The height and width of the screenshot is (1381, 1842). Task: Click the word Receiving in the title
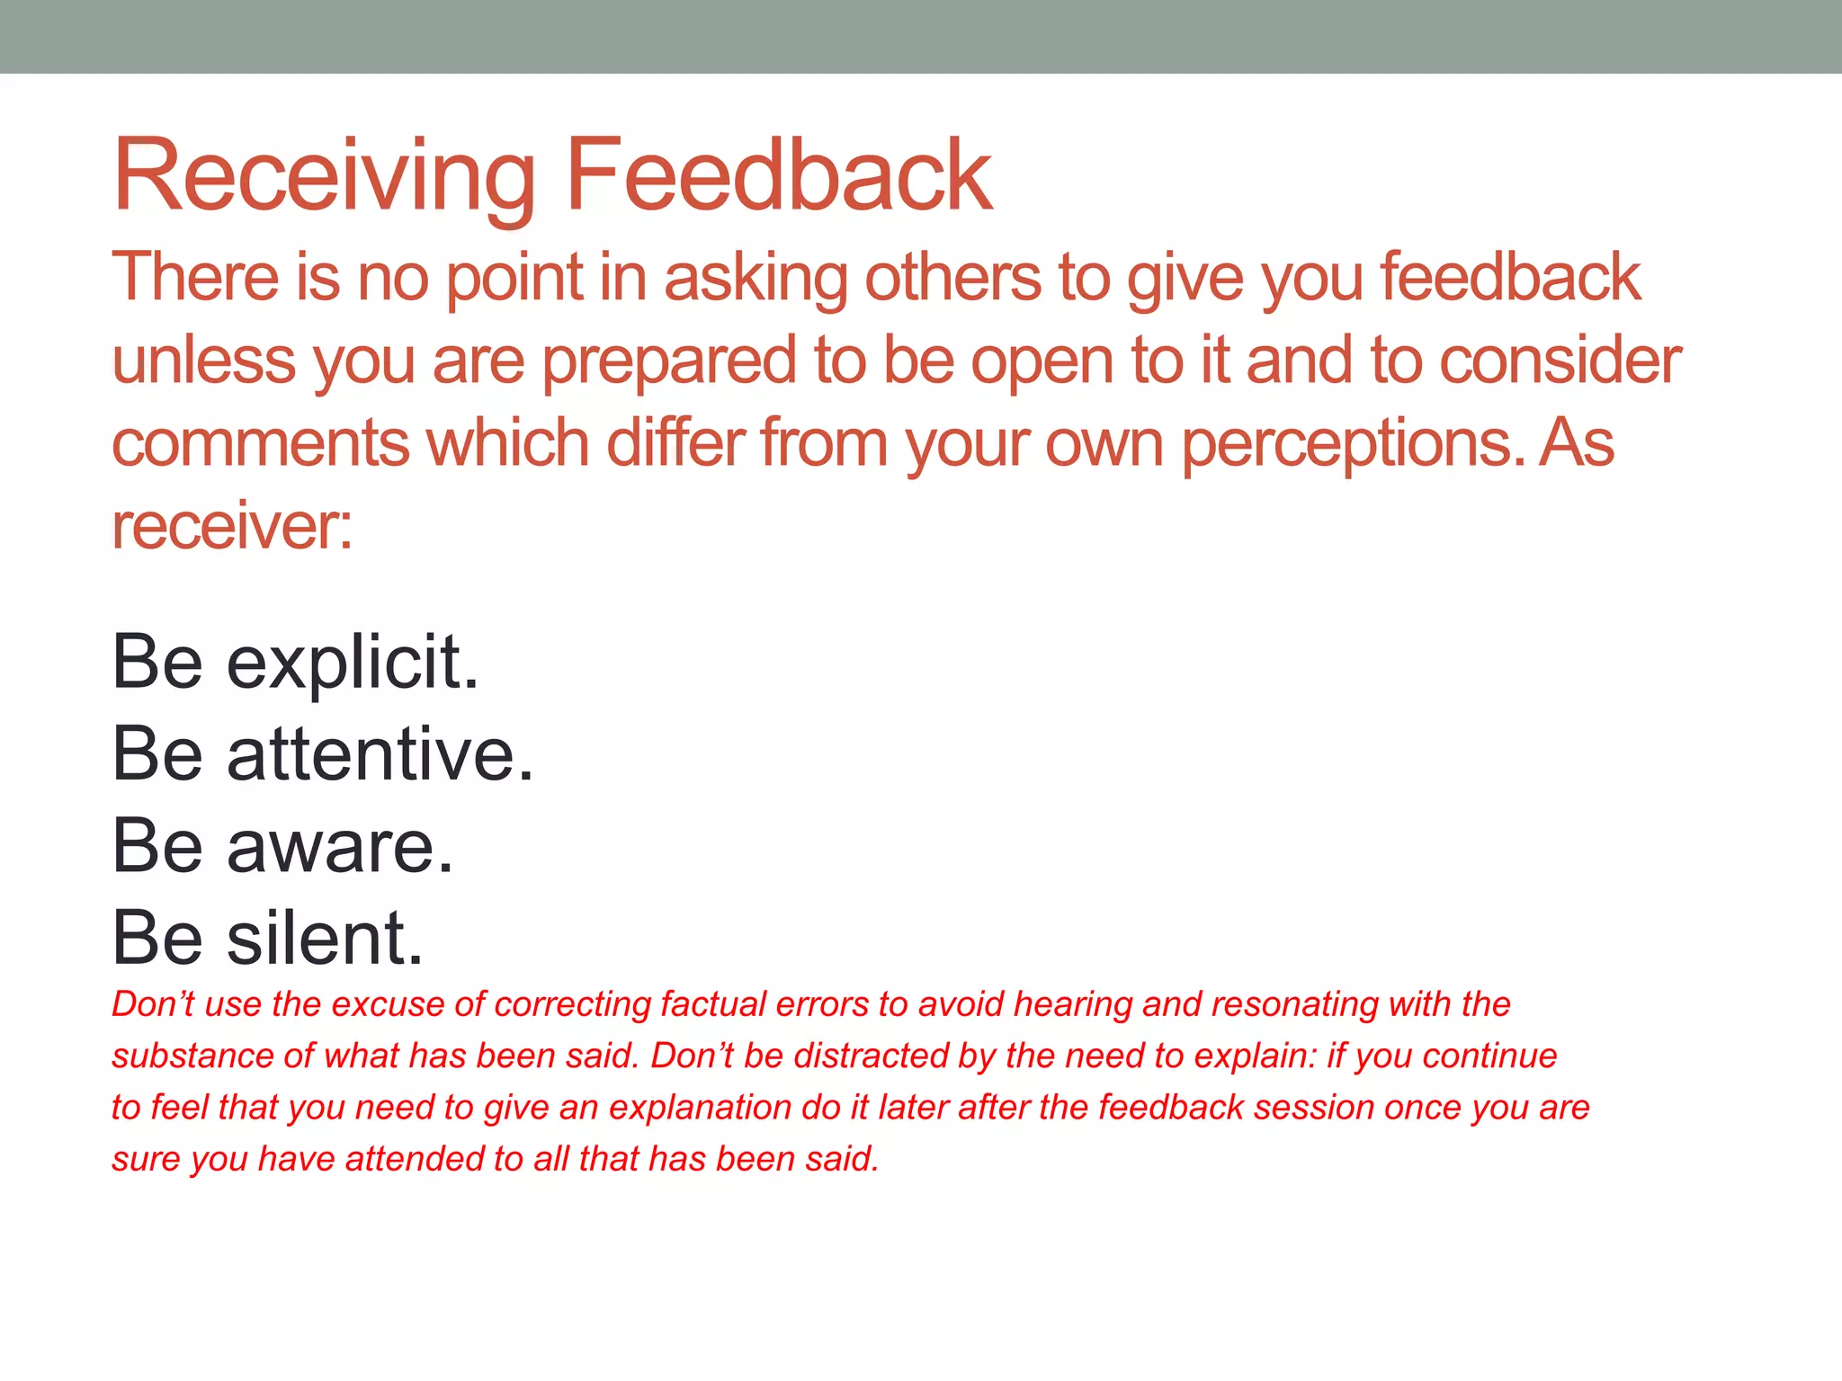coord(324,175)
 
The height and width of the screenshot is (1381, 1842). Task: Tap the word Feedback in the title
coord(779,175)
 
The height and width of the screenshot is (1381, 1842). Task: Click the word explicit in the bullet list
coord(353,664)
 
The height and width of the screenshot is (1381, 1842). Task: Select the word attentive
coord(380,755)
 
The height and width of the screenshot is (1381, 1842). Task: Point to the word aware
coord(340,848)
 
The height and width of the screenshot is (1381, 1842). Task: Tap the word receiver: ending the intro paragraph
coord(232,527)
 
